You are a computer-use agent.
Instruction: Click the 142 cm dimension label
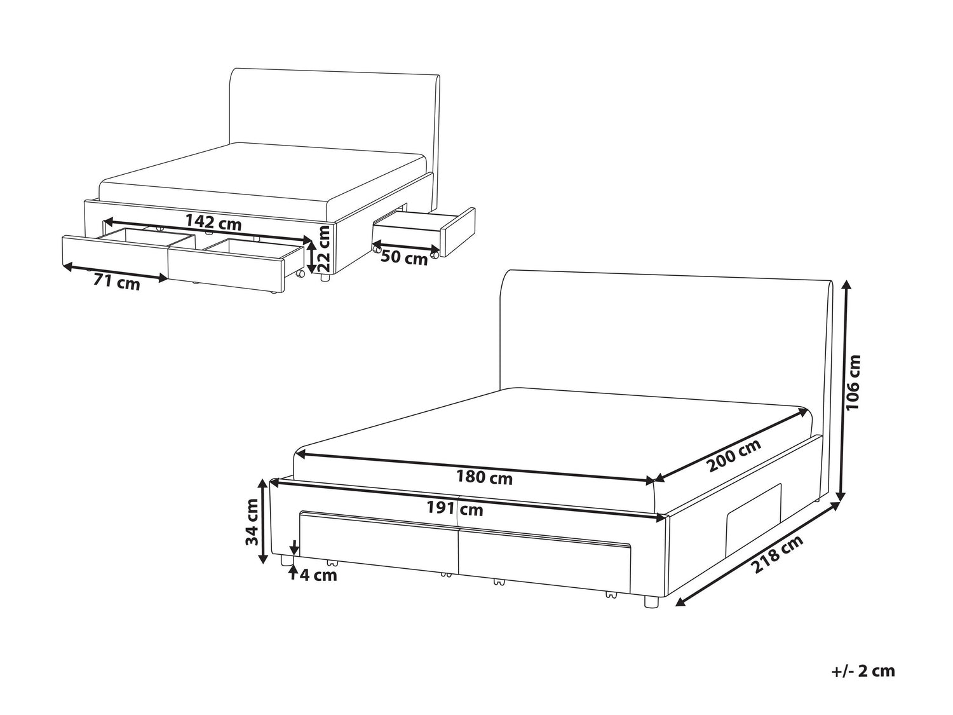(213, 222)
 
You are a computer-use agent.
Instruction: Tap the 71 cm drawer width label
(117, 283)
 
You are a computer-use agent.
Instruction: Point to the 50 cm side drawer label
(404, 258)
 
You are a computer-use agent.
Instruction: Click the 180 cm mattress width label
(484, 478)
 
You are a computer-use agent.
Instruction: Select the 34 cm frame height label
(252, 522)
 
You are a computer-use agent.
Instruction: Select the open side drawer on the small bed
(424, 232)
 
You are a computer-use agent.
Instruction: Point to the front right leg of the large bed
(651, 601)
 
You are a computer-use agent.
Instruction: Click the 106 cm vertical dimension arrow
(843, 390)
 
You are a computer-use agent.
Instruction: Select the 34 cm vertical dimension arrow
(262, 521)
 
